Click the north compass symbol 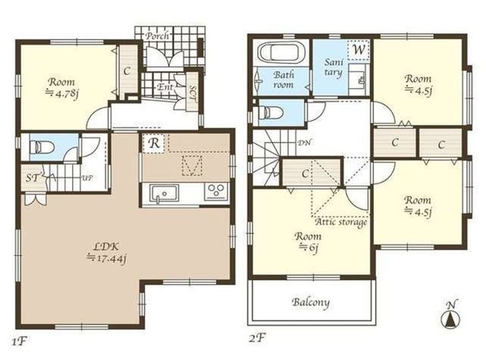pyautogui.click(x=450, y=316)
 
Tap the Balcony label pyautogui.click(x=311, y=302)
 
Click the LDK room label pyautogui.click(x=106, y=247)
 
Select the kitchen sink pyautogui.click(x=164, y=194)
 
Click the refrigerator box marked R pyautogui.click(x=155, y=143)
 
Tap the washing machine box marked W pyautogui.click(x=358, y=49)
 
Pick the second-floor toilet pyautogui.click(x=270, y=112)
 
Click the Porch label pyautogui.click(x=158, y=36)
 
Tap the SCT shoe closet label pyautogui.click(x=192, y=92)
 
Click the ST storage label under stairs pyautogui.click(x=33, y=178)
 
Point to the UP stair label pyautogui.click(x=88, y=178)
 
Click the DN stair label pyautogui.click(x=305, y=143)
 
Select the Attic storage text pyautogui.click(x=341, y=222)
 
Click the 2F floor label pyautogui.click(x=257, y=338)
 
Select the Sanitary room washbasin pyautogui.click(x=359, y=80)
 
